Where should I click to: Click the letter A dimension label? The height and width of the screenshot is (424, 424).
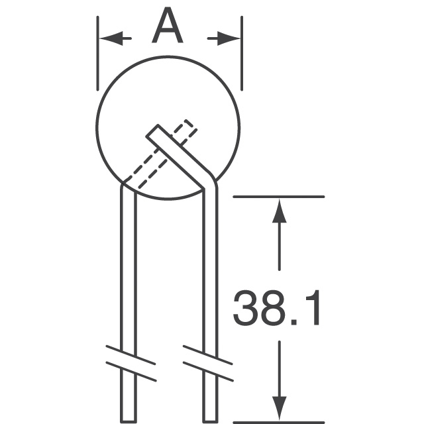click(168, 26)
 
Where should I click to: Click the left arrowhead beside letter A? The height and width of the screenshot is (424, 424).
click(111, 38)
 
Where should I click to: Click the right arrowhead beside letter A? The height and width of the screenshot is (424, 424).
click(229, 38)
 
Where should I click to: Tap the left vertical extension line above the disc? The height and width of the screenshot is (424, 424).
click(97, 53)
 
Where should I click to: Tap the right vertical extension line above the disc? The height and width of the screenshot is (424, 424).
click(242, 53)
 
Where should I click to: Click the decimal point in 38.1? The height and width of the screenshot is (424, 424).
click(294, 323)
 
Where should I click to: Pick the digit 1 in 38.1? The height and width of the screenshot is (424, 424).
click(313, 308)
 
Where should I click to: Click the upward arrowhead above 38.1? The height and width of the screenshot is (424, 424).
click(279, 211)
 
